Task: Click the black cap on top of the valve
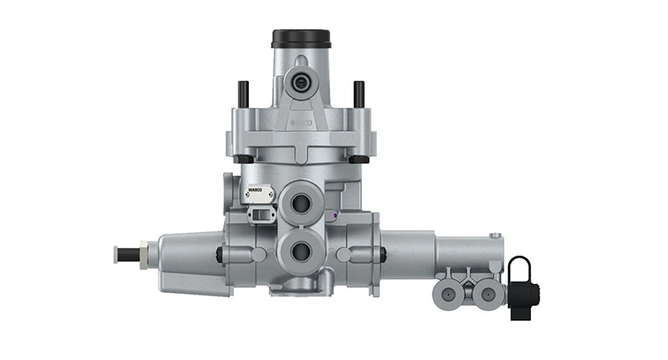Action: coord(301,38)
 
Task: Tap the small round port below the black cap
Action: coord(298,82)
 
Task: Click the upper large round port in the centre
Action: coord(299,202)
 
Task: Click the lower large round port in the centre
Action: coord(299,250)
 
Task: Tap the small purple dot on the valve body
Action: coord(334,215)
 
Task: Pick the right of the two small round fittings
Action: coord(487,293)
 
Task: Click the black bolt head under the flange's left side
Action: coord(242,159)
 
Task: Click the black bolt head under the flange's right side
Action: coord(361,159)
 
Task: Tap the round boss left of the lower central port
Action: coord(260,254)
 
